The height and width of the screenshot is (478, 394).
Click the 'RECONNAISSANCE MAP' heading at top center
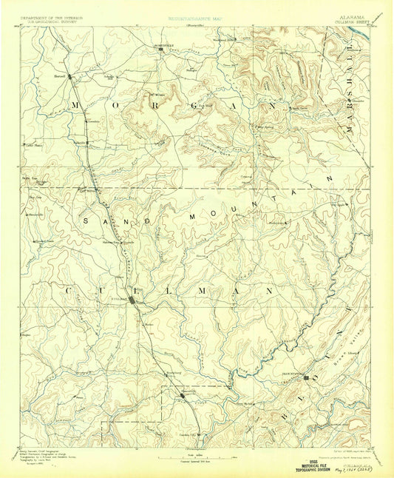tap(197, 14)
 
